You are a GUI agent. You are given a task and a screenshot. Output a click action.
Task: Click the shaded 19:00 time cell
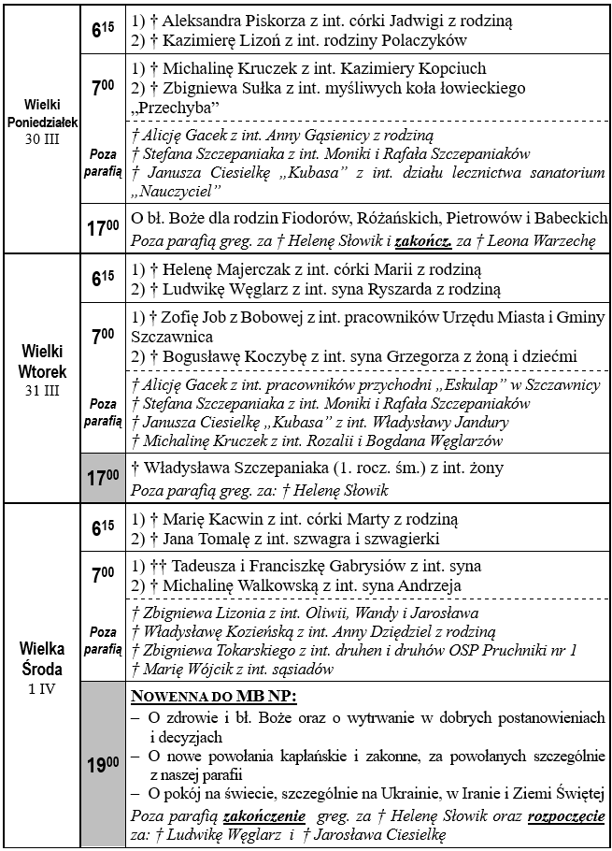coord(102,765)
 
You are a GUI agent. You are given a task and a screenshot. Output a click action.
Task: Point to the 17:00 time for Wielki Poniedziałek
coord(102,229)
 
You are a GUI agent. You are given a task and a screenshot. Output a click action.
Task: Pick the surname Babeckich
coord(569,219)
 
